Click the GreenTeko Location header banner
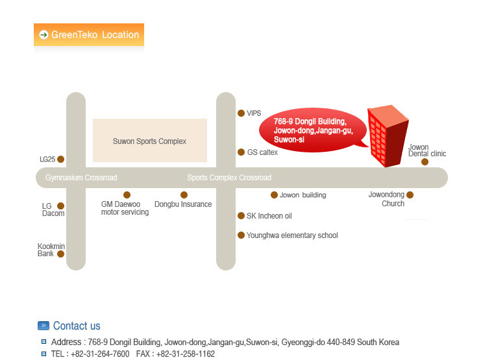[x=89, y=34]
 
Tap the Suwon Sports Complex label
[x=149, y=141]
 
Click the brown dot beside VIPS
[x=241, y=113]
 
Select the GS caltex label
[x=262, y=152]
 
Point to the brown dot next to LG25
[x=61, y=159]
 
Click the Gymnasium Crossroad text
[x=81, y=178]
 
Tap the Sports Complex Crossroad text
[x=229, y=178]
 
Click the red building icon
[x=387, y=136]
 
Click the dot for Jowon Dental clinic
[x=425, y=162]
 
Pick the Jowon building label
[x=303, y=195]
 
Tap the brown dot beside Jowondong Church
[x=410, y=195]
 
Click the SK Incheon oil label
[x=269, y=216]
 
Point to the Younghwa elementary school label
[x=292, y=235]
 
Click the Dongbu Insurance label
[x=183, y=204]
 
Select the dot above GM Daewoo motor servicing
[x=127, y=195]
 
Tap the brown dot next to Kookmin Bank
[x=61, y=254]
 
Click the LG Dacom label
[x=51, y=210]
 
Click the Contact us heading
[x=77, y=326]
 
